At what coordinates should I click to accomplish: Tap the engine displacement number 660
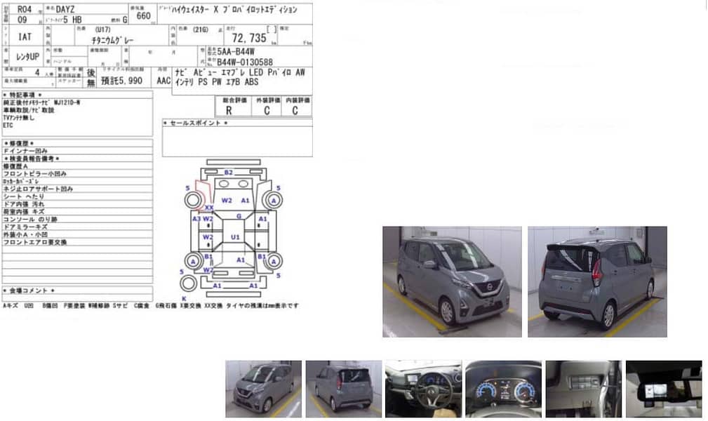click(143, 15)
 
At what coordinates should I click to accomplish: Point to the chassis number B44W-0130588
click(245, 61)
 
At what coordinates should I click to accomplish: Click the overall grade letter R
click(228, 111)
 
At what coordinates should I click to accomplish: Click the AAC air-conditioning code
click(163, 81)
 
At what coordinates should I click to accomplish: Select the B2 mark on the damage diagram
click(228, 172)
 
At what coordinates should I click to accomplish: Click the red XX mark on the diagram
click(208, 208)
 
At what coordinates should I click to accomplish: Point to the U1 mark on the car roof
click(236, 237)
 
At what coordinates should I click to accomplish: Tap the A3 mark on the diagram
click(196, 219)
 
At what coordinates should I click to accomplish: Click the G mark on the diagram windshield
click(239, 216)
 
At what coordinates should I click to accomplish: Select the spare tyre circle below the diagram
click(188, 283)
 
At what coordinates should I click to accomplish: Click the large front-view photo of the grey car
click(452, 281)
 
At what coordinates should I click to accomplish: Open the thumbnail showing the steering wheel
click(423, 389)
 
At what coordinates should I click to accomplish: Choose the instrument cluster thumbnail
click(503, 389)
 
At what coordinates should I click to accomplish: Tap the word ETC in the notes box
click(8, 125)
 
